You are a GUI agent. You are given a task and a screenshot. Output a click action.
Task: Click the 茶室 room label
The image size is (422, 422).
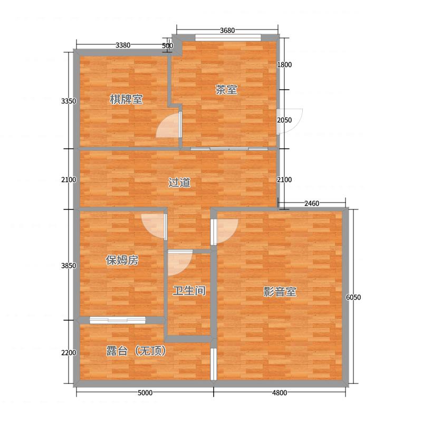click(x=226, y=90)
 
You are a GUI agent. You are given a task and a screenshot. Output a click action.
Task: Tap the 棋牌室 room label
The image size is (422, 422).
click(x=126, y=99)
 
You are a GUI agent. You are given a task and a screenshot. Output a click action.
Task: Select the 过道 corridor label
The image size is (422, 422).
click(x=179, y=183)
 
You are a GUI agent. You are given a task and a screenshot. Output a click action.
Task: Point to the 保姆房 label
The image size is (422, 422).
click(x=122, y=260)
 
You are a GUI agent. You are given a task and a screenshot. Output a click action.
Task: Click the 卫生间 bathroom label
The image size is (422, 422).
click(x=189, y=291)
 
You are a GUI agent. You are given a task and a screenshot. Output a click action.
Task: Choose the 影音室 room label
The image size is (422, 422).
click(x=280, y=292)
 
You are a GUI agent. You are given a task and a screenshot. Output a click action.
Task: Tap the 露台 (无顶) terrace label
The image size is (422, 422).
click(x=136, y=351)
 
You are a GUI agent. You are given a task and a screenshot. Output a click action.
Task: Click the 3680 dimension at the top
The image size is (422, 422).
click(x=227, y=31)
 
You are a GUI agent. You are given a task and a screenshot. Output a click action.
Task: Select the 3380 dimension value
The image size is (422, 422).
click(x=123, y=45)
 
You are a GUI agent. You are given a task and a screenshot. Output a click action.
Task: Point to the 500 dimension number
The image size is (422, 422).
click(x=167, y=46)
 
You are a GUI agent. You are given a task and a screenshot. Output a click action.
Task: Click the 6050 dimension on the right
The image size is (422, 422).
click(x=353, y=298)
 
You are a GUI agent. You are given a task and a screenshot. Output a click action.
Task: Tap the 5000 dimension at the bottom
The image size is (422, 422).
click(x=145, y=393)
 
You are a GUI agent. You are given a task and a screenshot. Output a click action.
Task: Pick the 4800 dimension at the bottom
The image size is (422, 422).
click(x=280, y=393)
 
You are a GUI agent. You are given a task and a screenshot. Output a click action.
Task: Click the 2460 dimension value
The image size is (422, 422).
click(x=312, y=204)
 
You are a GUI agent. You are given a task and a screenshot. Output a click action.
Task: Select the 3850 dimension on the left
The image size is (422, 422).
click(x=69, y=266)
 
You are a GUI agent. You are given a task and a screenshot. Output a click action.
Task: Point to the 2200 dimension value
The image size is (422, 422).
click(x=69, y=352)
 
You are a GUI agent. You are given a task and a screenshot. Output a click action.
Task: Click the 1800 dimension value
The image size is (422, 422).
click(x=284, y=64)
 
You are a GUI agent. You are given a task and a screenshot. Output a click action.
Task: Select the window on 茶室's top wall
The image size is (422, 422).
click(x=228, y=37)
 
